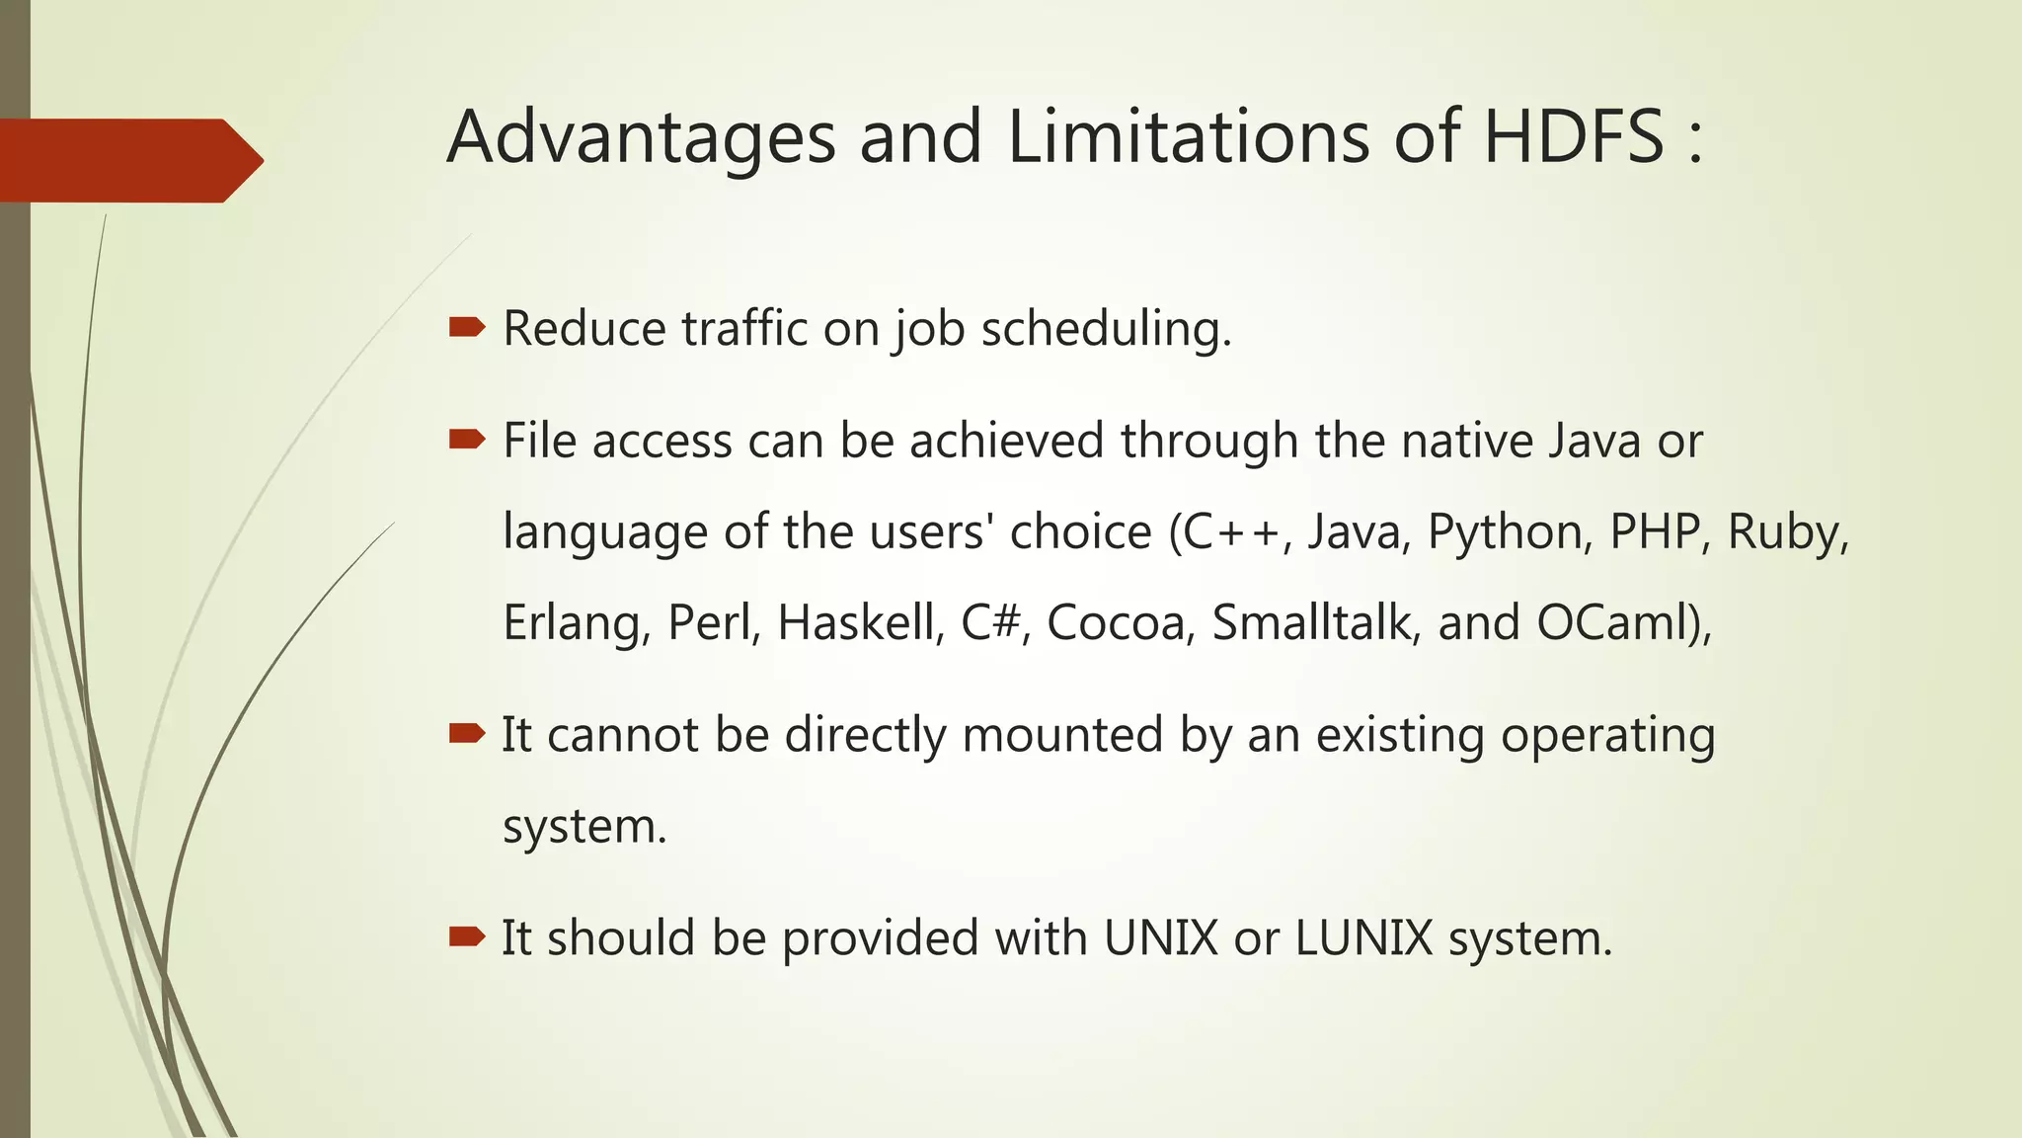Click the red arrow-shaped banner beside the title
click(128, 160)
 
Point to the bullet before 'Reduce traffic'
click(466, 328)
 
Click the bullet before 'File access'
click(466, 440)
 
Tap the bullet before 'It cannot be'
click(466, 733)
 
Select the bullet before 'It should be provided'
click(466, 936)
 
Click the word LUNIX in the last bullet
click(1363, 937)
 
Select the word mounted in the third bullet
click(1062, 734)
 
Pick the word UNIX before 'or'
click(1161, 937)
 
